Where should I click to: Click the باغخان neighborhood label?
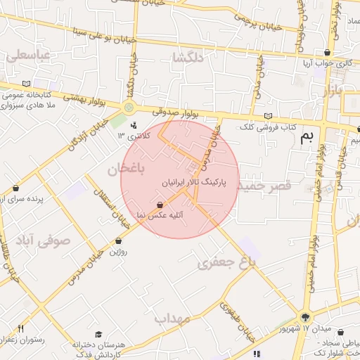coord(126,169)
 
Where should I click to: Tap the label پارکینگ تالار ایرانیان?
coord(196,181)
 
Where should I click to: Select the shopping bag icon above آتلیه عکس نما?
coord(161,205)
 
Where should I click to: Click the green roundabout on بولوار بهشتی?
coord(128,107)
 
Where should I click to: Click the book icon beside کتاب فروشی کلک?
coord(266,117)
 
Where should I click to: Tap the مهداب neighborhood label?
coord(173,319)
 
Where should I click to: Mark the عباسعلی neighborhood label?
coord(28,55)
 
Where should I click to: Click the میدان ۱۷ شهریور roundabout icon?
coord(304,316)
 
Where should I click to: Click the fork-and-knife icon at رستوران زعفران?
coord(20,328)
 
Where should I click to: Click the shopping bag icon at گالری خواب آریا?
coord(326,53)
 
